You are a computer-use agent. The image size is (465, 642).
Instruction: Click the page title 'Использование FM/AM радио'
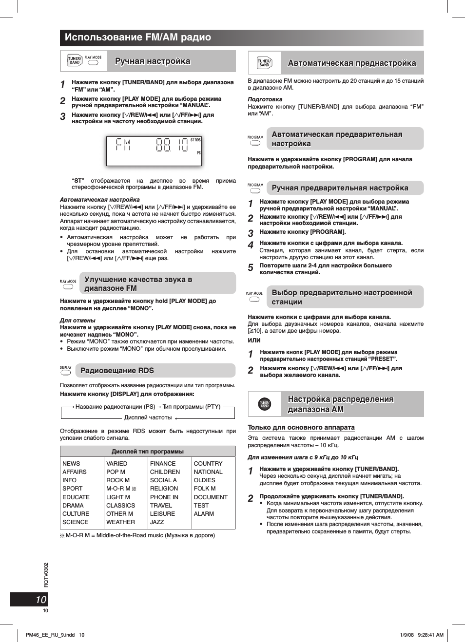click(x=138, y=38)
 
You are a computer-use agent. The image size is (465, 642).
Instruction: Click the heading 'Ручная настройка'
click(x=153, y=61)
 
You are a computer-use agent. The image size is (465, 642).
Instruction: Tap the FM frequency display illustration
click(x=154, y=151)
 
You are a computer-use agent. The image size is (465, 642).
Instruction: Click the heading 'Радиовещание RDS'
click(x=117, y=371)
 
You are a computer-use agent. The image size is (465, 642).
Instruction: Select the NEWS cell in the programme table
click(x=71, y=464)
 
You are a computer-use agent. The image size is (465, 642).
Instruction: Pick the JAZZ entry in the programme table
click(x=157, y=522)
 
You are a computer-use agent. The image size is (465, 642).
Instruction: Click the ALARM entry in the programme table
click(x=204, y=513)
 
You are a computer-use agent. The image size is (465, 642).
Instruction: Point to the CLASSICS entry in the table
click(x=120, y=505)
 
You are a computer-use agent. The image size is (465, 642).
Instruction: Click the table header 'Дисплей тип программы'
click(x=148, y=452)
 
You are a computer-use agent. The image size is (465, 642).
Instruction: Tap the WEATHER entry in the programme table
click(x=120, y=522)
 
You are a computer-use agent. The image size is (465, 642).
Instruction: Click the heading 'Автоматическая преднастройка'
click(x=352, y=63)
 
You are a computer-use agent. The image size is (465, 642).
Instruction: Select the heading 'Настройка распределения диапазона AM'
click(x=340, y=404)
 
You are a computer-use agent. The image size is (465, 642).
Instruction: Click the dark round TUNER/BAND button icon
click(x=264, y=404)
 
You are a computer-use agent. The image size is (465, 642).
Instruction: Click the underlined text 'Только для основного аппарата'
click(x=301, y=427)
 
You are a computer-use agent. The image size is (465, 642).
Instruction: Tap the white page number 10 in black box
click(x=41, y=600)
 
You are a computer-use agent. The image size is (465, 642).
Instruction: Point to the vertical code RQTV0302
click(x=46, y=575)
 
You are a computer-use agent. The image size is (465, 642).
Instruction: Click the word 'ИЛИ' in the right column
click(x=254, y=340)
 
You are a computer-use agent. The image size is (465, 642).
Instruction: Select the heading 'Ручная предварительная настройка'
click(x=340, y=188)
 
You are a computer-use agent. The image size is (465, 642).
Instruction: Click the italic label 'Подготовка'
click(x=265, y=99)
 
